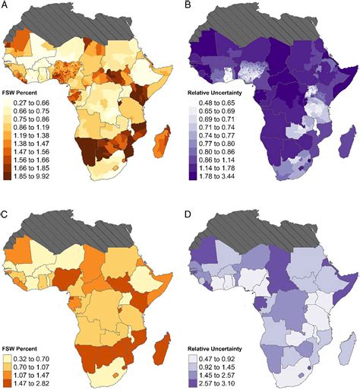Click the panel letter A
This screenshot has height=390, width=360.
[6, 6]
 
